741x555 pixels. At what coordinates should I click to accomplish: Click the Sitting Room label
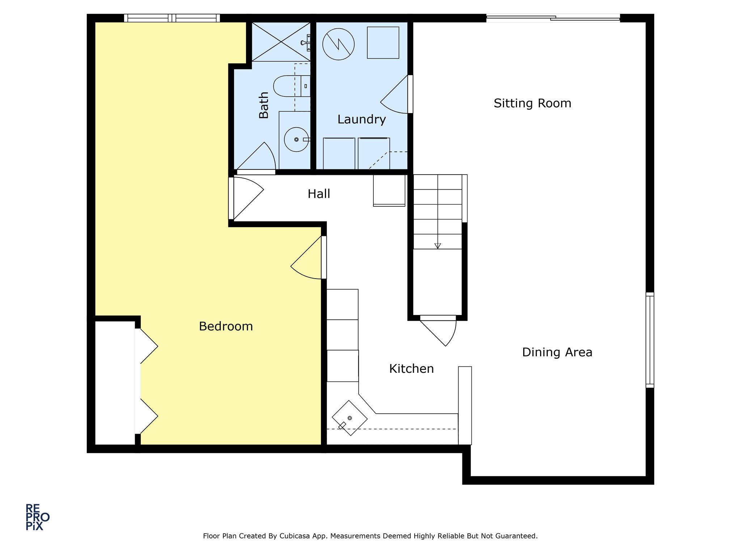(532, 103)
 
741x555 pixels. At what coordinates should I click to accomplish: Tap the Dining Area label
(557, 352)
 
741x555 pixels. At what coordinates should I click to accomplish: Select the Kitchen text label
(411, 369)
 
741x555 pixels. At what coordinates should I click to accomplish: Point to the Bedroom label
(226, 326)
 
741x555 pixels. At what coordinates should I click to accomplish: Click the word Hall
(319, 194)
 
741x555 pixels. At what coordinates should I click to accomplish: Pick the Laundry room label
(361, 119)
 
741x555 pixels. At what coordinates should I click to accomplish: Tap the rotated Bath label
(264, 105)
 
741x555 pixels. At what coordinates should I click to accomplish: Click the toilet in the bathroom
(292, 86)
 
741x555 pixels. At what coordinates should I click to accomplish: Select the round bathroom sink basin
(296, 139)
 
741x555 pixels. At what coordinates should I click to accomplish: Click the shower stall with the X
(281, 42)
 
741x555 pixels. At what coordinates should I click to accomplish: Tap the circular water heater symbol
(338, 44)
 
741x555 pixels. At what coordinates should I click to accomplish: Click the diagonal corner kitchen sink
(350, 418)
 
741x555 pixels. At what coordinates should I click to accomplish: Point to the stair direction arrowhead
(437, 246)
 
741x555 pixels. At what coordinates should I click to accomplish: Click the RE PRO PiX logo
(37, 517)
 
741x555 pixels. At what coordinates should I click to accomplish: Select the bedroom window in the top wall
(172, 18)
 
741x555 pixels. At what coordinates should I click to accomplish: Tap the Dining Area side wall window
(650, 340)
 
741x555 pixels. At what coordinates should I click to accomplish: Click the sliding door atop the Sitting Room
(553, 18)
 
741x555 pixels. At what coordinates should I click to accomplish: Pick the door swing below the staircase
(438, 331)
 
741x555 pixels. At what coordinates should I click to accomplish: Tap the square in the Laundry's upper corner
(383, 43)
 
